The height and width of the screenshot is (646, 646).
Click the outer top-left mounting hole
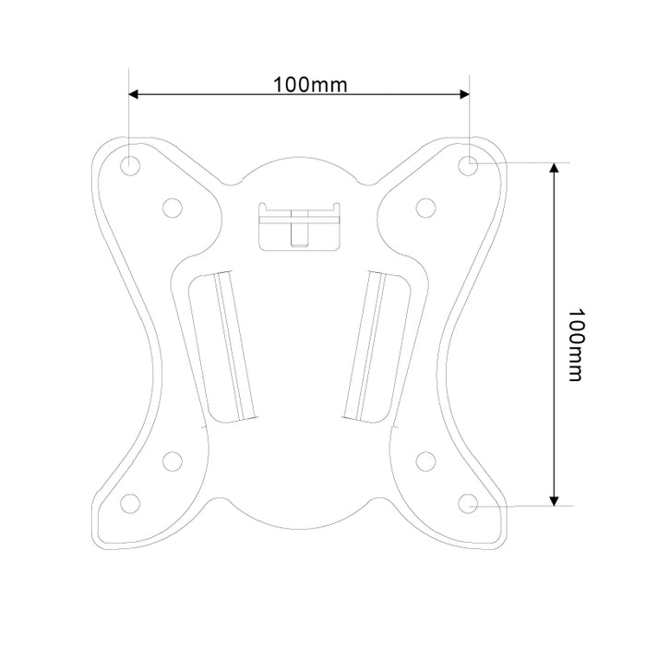(x=130, y=164)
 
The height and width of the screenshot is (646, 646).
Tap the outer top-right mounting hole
(x=469, y=164)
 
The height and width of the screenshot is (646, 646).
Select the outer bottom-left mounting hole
(x=130, y=503)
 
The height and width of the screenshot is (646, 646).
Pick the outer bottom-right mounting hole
(x=469, y=504)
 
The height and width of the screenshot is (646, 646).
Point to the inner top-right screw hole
(x=425, y=206)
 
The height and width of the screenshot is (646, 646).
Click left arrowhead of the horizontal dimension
(x=135, y=94)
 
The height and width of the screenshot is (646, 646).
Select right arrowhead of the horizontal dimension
(x=464, y=94)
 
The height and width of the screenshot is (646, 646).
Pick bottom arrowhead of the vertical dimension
(x=553, y=499)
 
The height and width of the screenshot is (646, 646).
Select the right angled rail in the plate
(x=366, y=343)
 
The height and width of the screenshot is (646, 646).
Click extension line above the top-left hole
(x=130, y=115)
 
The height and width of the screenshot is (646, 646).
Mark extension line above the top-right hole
(x=469, y=115)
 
